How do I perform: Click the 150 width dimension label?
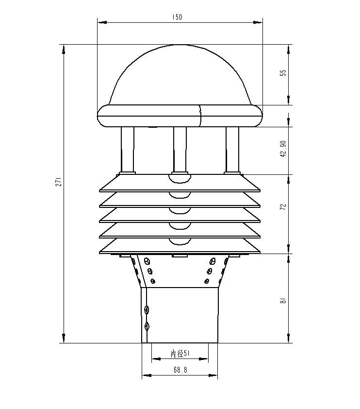(x=178, y=17)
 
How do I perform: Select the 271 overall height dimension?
(x=58, y=182)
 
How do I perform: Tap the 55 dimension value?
(x=284, y=72)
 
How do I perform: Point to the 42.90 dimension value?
(x=284, y=148)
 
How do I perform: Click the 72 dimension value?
(x=284, y=206)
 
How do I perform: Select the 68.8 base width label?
(x=180, y=370)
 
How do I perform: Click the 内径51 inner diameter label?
(x=180, y=354)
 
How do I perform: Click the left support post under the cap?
(x=128, y=148)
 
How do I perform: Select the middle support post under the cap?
(x=180, y=148)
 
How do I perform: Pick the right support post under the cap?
(x=232, y=148)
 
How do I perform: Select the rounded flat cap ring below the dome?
(x=180, y=117)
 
